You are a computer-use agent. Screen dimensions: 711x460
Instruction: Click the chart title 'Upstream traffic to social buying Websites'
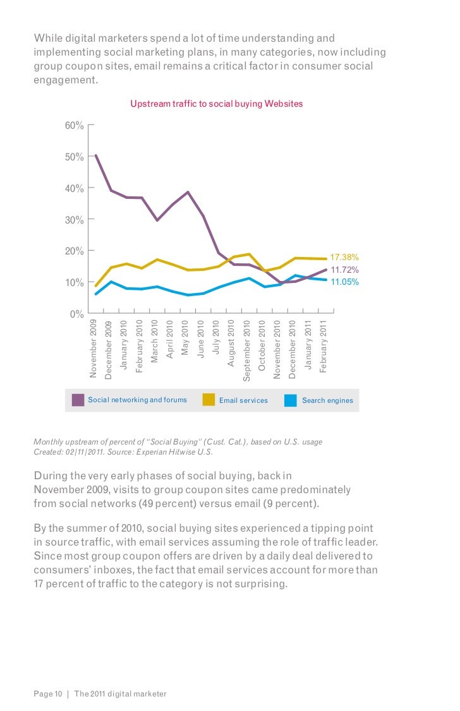pyautogui.click(x=217, y=104)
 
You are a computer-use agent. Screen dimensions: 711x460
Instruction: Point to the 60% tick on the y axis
pyautogui.click(x=74, y=126)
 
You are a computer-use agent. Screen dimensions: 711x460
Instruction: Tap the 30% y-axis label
pyautogui.click(x=74, y=220)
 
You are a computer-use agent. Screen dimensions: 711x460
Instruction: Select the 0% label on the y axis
pyautogui.click(x=76, y=314)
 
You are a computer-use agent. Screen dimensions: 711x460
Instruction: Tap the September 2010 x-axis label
pyautogui.click(x=247, y=350)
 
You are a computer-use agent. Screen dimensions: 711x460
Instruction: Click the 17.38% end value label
pyautogui.click(x=345, y=258)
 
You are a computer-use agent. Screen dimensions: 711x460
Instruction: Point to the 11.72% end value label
pyautogui.click(x=345, y=270)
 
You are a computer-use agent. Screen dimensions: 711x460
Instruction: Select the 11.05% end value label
pyautogui.click(x=345, y=282)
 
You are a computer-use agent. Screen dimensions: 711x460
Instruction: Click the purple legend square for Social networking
pyautogui.click(x=78, y=400)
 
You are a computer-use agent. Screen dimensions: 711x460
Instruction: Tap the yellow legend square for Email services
pyautogui.click(x=209, y=400)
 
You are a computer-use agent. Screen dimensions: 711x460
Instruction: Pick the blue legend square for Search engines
pyautogui.click(x=291, y=400)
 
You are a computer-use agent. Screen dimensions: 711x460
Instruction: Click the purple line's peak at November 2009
pyautogui.click(x=95, y=155)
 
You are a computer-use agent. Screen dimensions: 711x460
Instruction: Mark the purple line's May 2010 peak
pyautogui.click(x=188, y=192)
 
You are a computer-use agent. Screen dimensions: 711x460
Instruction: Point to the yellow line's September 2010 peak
pyautogui.click(x=249, y=254)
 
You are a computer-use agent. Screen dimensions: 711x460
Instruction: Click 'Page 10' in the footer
pyautogui.click(x=48, y=694)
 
